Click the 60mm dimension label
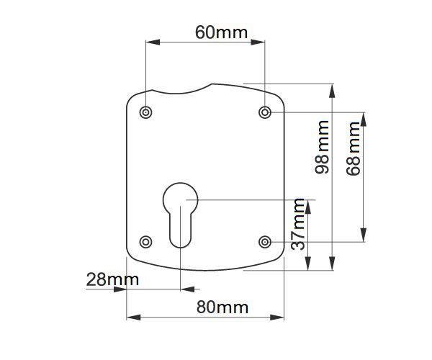pyautogui.click(x=222, y=32)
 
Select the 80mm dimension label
pyautogui.click(x=222, y=307)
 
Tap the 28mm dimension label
pyautogui.click(x=112, y=279)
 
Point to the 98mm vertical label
pyautogui.click(x=322, y=147)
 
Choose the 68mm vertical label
pyautogui.click(x=354, y=148)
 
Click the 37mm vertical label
pyautogui.click(x=298, y=224)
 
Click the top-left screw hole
pyautogui.click(x=145, y=112)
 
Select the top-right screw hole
pyautogui.click(x=265, y=112)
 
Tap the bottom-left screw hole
pyautogui.click(x=145, y=242)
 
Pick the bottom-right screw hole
pyautogui.click(x=265, y=242)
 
